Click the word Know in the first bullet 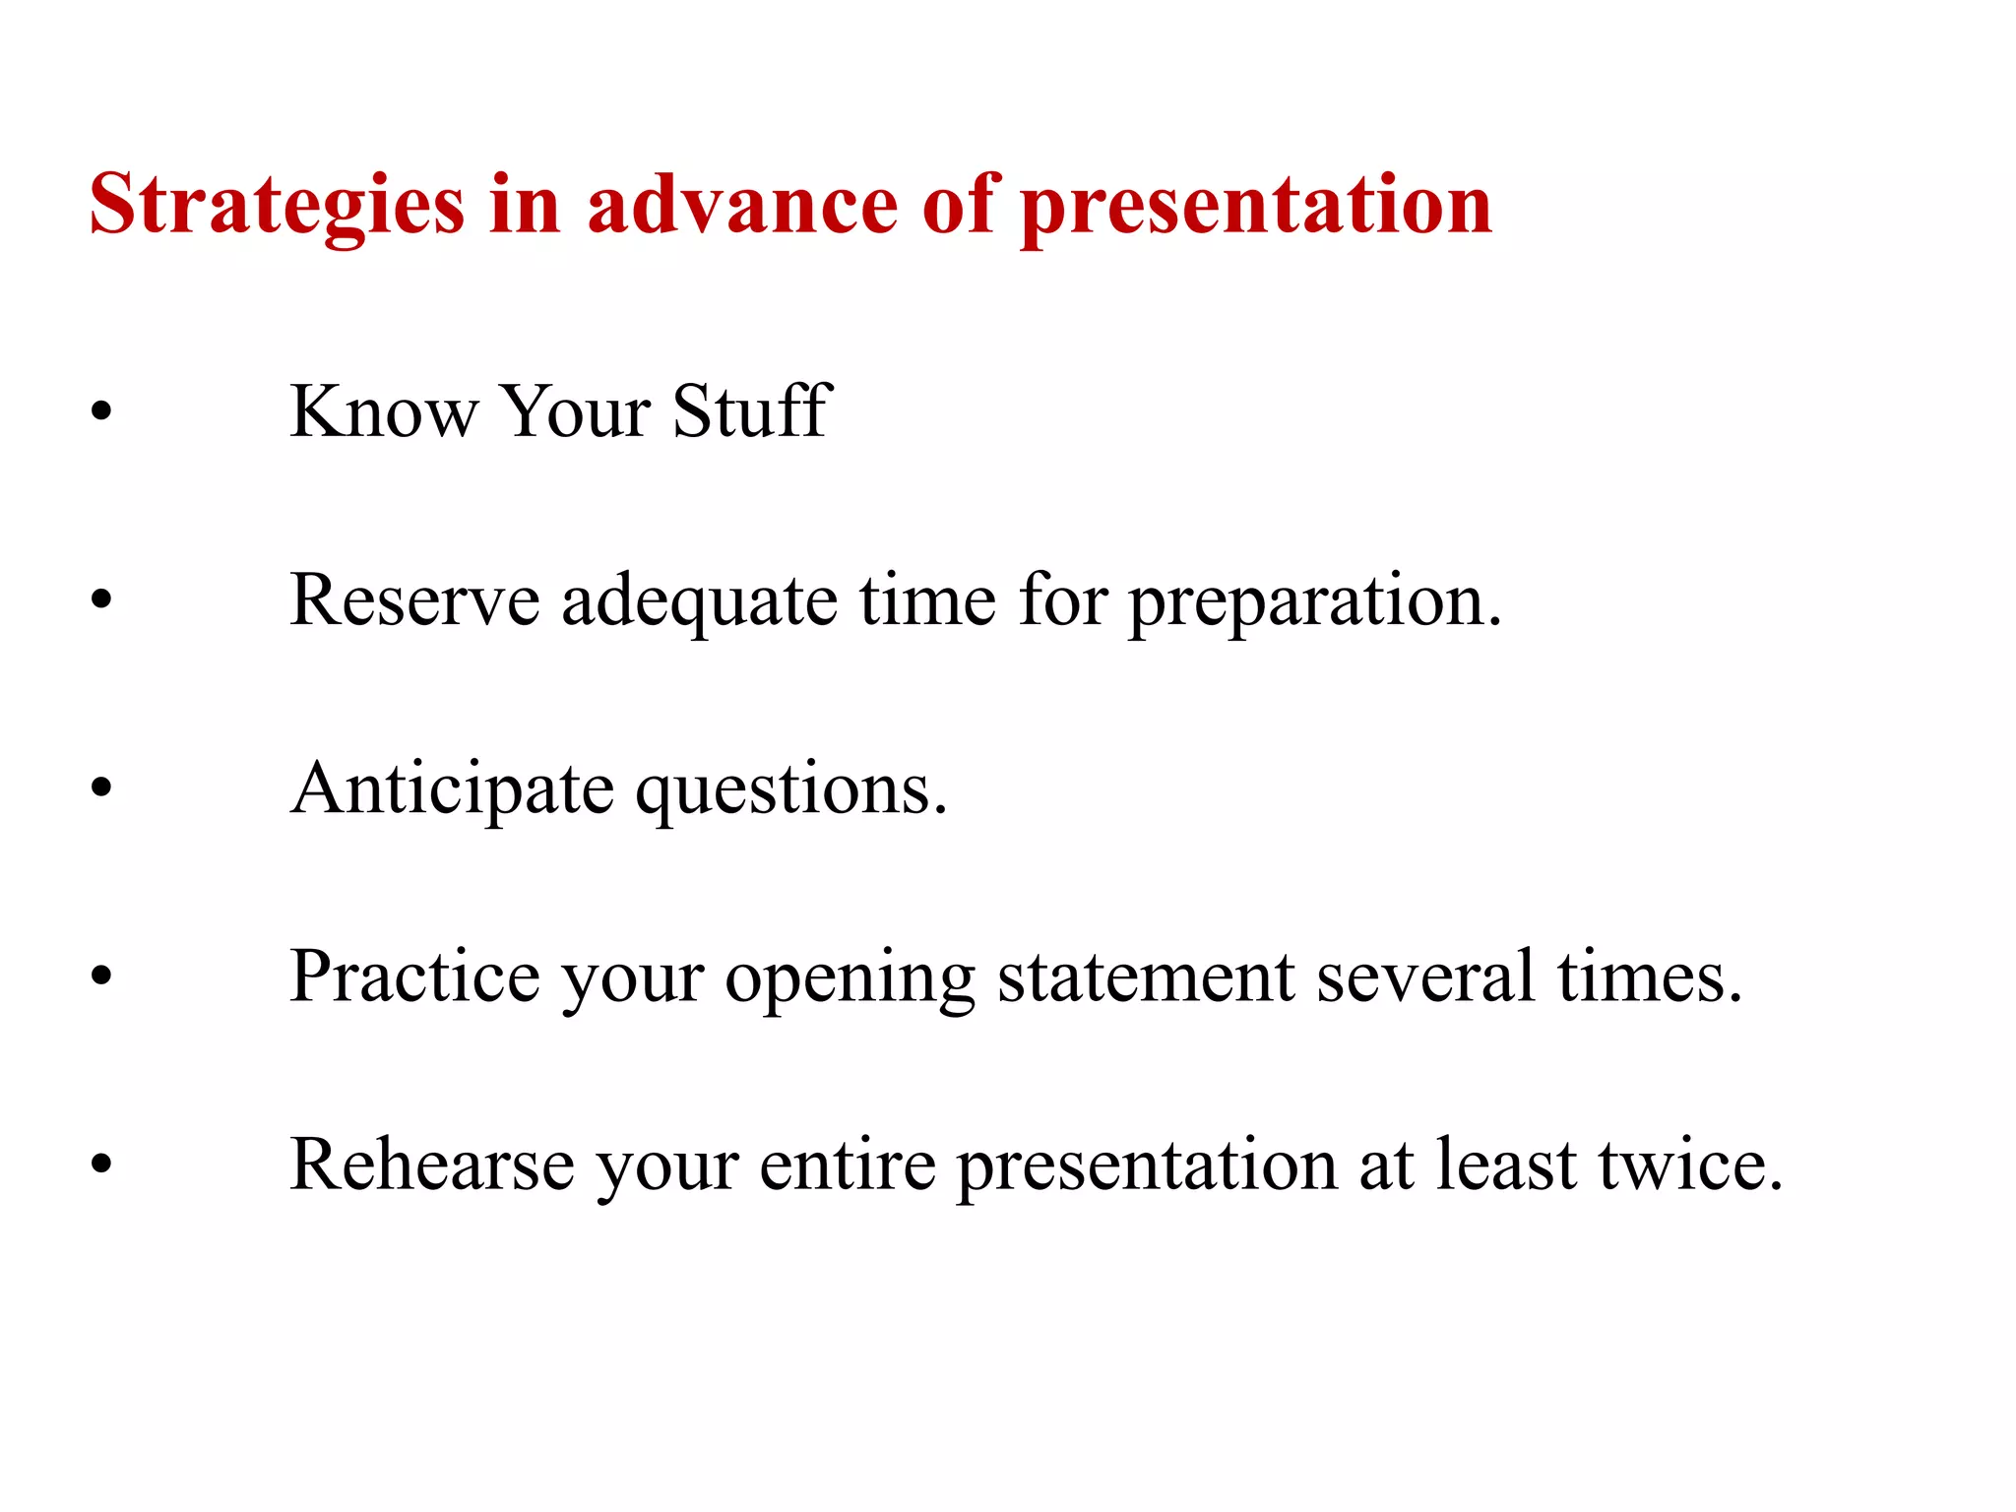pos(383,411)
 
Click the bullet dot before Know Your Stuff pos(101,411)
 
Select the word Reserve pos(414,599)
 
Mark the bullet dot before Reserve pos(101,599)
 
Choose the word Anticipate pos(452,790)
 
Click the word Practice pos(414,976)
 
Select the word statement pos(1145,976)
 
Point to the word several pos(1426,976)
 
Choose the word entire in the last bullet pos(847,1165)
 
